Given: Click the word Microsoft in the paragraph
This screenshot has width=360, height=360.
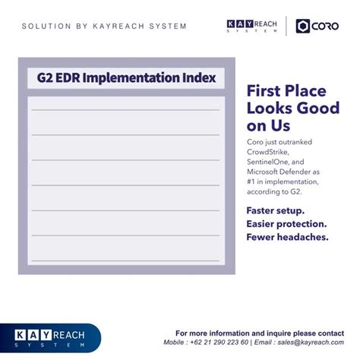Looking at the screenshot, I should (267, 172).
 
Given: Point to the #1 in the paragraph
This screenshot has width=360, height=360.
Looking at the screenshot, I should (252, 182).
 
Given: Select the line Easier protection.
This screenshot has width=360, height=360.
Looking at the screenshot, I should (286, 224).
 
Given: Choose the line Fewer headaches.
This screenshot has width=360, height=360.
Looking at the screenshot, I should (286, 237).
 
